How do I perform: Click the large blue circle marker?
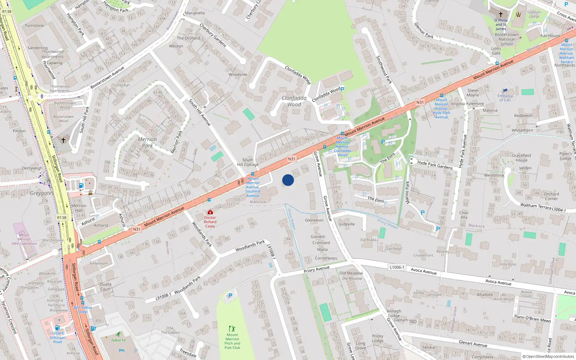pyautogui.click(x=288, y=180)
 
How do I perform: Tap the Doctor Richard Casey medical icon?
pyautogui.click(x=210, y=212)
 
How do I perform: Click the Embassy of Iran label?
pyautogui.click(x=505, y=98)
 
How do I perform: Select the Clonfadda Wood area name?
pyautogui.click(x=294, y=101)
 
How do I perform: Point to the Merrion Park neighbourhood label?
pyautogui.click(x=147, y=142)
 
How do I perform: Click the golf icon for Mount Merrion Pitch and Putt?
pyautogui.click(x=232, y=329)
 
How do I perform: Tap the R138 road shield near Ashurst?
pyautogui.click(x=62, y=217)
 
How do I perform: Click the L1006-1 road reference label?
pyautogui.click(x=397, y=267)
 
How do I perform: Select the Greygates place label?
pyautogui.click(x=42, y=193)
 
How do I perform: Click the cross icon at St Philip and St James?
pyautogui.click(x=500, y=14)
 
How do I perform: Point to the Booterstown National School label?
pyautogui.click(x=507, y=39)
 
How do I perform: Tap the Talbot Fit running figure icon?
pyautogui.click(x=118, y=334)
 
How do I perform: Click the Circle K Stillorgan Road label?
pyautogui.click(x=58, y=337)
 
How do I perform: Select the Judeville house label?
pyautogui.click(x=347, y=224)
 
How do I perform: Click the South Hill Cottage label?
pyautogui.click(x=248, y=162)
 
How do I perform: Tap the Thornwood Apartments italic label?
pyautogui.click(x=53, y=54)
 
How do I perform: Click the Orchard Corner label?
pyautogui.click(x=551, y=196)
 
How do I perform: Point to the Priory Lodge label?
pyautogui.click(x=378, y=338)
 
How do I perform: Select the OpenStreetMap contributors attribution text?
pyautogui.click(x=548, y=357)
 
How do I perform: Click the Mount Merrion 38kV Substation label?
pyautogui.click(x=24, y=239)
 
